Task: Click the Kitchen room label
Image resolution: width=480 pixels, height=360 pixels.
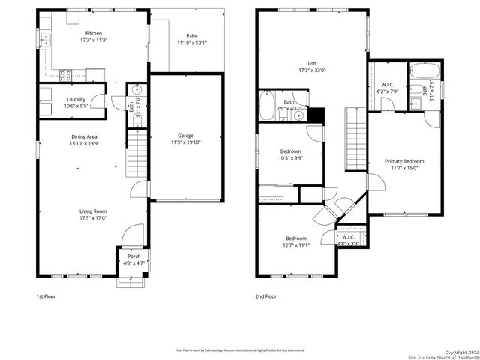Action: pyautogui.click(x=94, y=34)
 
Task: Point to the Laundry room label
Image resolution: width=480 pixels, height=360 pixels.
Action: pyautogui.click(x=75, y=99)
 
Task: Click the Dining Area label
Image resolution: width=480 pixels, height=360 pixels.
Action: pyautogui.click(x=84, y=136)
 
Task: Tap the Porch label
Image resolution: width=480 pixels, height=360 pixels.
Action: pyautogui.click(x=133, y=256)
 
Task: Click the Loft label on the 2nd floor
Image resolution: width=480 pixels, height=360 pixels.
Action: pyautogui.click(x=312, y=64)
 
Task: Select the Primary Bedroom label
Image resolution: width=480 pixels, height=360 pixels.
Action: pyautogui.click(x=404, y=161)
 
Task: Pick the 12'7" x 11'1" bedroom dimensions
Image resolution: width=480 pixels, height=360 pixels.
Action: pyautogui.click(x=296, y=244)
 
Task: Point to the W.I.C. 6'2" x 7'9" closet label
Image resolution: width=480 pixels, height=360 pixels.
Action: pyautogui.click(x=387, y=91)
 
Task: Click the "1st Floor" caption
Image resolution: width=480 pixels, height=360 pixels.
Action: pyautogui.click(x=46, y=296)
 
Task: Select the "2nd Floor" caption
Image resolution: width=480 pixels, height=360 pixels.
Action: pyautogui.click(x=265, y=296)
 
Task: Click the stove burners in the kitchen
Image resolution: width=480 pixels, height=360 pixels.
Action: pyautogui.click(x=65, y=74)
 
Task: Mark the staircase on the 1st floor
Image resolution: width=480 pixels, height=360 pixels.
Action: pyautogui.click(x=136, y=154)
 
